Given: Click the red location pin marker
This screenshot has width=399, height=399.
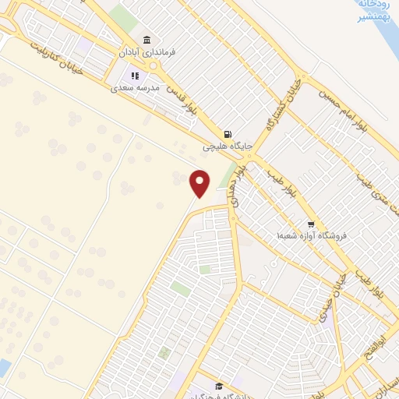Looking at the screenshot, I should click(200, 183).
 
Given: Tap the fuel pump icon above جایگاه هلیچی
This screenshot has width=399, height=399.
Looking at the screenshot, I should click(228, 133).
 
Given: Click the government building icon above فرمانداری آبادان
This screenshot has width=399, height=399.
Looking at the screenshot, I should click(146, 41).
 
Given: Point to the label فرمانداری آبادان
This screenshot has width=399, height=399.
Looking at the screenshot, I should click(146, 52).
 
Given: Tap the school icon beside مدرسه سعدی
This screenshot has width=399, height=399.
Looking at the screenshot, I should click(135, 76).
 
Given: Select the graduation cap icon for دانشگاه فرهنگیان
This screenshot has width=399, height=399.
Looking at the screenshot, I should click(220, 387).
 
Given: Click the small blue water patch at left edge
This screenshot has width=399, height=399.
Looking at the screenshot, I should click(5, 368).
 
